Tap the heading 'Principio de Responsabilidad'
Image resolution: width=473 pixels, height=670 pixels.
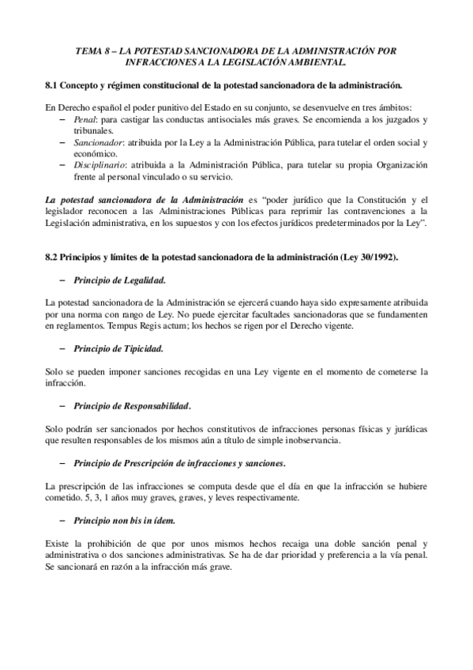pos(132,406)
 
